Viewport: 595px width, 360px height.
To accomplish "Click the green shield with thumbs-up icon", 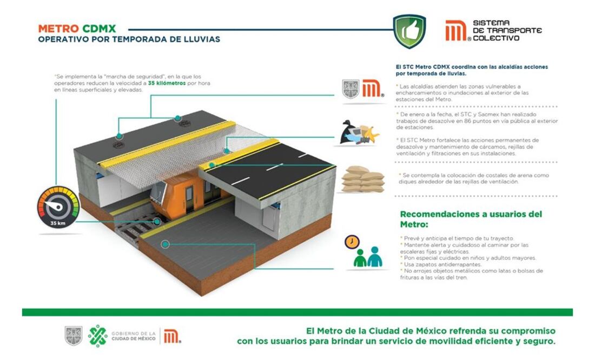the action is click(x=409, y=31).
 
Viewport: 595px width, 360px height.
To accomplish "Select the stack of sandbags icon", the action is click(x=363, y=179).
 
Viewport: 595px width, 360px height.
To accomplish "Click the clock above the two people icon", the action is click(x=352, y=242).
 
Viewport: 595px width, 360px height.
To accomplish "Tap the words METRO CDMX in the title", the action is click(x=77, y=29).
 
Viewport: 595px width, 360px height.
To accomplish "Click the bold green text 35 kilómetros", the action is click(x=167, y=83).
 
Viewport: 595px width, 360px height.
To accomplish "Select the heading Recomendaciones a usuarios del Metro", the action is click(x=471, y=219).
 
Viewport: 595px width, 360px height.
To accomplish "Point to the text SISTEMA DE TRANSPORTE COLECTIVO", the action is click(x=507, y=30).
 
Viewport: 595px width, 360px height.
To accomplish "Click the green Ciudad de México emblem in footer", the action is click(x=97, y=336).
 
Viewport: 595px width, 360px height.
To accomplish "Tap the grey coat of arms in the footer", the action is click(x=73, y=336).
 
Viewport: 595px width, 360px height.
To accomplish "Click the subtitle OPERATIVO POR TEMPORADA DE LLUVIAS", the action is click(x=129, y=39).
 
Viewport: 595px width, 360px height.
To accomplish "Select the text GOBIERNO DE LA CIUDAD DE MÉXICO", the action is click(x=133, y=336).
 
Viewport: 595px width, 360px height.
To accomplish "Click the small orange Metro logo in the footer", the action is click(x=172, y=336).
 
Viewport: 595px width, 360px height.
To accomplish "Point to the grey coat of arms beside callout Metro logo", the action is click(x=351, y=89).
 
